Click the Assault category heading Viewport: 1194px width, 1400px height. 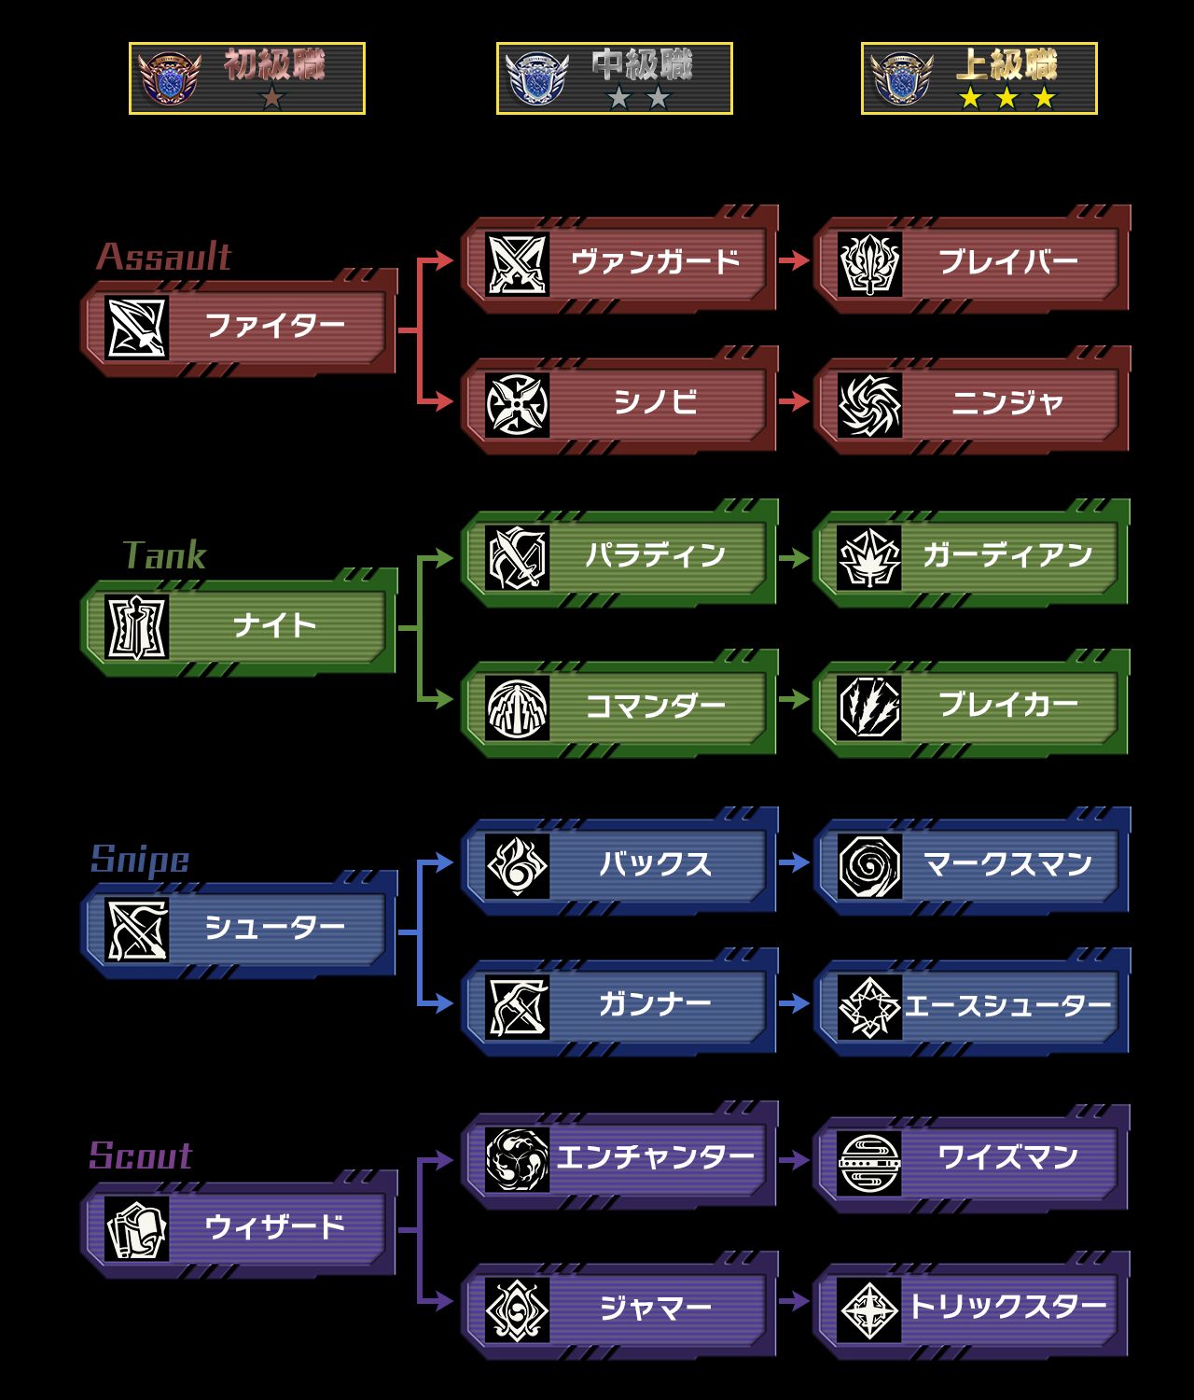pyautogui.click(x=164, y=256)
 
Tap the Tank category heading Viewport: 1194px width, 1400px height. pyautogui.click(x=164, y=555)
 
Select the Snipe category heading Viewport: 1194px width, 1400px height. pyautogui.click(x=140, y=859)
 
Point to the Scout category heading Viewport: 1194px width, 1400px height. pyautogui.click(x=141, y=1155)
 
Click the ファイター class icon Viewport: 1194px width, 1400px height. pyautogui.click(x=136, y=328)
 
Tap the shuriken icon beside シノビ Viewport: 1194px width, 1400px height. pyautogui.click(x=517, y=404)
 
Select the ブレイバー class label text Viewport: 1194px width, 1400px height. pyautogui.click(x=1007, y=261)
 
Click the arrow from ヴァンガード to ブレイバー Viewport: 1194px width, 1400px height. pyautogui.click(x=794, y=260)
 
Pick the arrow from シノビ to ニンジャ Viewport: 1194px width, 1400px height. pyautogui.click(x=794, y=401)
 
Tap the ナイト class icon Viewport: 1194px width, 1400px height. pyautogui.click(x=136, y=626)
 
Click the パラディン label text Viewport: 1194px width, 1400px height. pyautogui.click(x=655, y=555)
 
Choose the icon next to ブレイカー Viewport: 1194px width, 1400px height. pyautogui.click(x=868, y=707)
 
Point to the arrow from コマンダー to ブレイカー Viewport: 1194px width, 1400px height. pyautogui.click(x=794, y=699)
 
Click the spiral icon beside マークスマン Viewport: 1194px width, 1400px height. pyautogui.click(x=868, y=865)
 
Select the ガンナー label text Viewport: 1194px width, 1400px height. pyautogui.click(x=655, y=1004)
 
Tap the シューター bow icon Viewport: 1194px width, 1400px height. pyautogui.click(x=136, y=930)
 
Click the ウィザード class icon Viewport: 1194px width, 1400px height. pyautogui.click(x=136, y=1229)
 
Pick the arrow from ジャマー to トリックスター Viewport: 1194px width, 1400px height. pyautogui.click(x=794, y=1300)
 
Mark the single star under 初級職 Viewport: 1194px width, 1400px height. pyautogui.click(x=271, y=96)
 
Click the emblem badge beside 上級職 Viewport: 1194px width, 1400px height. pyautogui.click(x=902, y=78)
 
